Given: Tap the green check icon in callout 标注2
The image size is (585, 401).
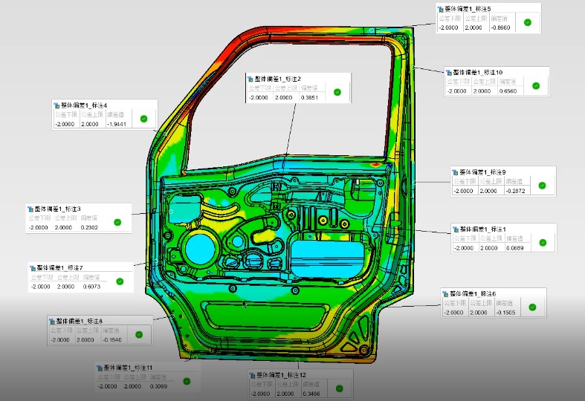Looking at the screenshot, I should (x=337, y=92).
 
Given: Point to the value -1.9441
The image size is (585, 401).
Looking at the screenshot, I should (x=117, y=124).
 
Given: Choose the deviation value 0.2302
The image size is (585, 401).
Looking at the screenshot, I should (x=89, y=226).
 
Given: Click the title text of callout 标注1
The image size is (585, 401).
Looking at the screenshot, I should (x=483, y=229).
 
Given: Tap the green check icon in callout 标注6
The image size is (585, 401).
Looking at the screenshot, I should (x=532, y=307).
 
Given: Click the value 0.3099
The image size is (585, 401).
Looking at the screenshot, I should (x=158, y=386).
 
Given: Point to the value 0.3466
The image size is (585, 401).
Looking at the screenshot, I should (x=311, y=393).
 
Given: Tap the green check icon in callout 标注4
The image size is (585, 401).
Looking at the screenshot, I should (x=144, y=119).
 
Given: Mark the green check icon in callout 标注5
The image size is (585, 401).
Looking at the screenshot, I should (x=527, y=23).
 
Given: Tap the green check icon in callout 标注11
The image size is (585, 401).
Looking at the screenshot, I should (x=187, y=382).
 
